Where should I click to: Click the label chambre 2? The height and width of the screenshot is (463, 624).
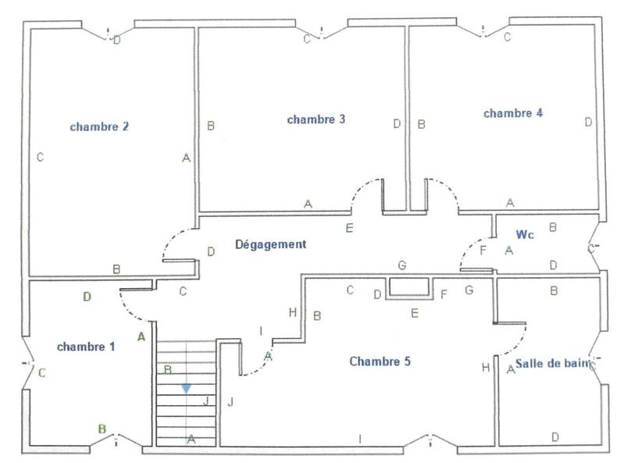[99, 126]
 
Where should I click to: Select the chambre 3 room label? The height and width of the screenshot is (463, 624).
[316, 119]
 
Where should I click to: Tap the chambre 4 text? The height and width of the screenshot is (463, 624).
[513, 113]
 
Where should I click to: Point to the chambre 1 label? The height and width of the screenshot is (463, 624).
[87, 346]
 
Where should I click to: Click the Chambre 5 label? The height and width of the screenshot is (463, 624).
[380, 361]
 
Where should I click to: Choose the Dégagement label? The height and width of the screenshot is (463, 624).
[271, 244]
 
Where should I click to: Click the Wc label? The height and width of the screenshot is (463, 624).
[524, 233]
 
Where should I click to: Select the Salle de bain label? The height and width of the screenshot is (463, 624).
[551, 364]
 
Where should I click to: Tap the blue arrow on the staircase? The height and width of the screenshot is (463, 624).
[186, 387]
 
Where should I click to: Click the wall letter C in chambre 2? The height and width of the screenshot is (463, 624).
[40, 158]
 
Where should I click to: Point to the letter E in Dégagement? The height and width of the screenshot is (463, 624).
[349, 228]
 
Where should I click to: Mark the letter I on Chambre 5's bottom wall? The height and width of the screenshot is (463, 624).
[359, 438]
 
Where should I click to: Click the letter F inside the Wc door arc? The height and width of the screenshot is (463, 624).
[483, 251]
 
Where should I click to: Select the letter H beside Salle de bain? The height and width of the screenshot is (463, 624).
[486, 368]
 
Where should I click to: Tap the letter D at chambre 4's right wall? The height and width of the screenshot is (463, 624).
[589, 123]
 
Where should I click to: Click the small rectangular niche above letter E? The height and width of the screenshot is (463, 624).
[410, 287]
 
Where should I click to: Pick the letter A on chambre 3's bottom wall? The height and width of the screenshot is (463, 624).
[308, 203]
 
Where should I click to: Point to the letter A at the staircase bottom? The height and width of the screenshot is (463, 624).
[191, 440]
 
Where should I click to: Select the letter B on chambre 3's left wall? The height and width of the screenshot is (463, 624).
[210, 125]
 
